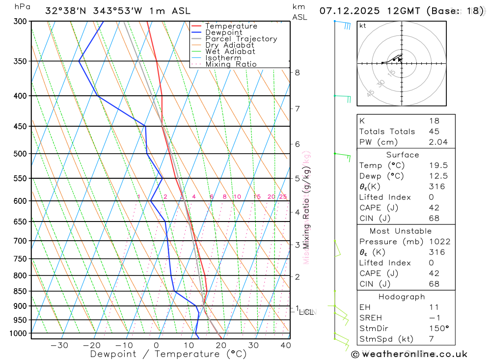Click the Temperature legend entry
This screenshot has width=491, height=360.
tap(231, 26)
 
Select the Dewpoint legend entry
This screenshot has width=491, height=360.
tap(223, 32)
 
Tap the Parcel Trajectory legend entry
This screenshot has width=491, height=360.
tap(241, 39)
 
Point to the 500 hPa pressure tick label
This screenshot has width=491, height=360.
tap(20, 154)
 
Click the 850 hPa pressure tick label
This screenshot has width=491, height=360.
tap(20, 291)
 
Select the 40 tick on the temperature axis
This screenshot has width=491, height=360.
tap(285, 345)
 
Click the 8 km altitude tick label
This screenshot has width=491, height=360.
tap(297, 73)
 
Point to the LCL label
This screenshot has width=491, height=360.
tap(306, 312)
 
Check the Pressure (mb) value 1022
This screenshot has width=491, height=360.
tap(439, 242)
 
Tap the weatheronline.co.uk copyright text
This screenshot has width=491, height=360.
tap(409, 354)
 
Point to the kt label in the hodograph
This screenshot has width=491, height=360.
tap(363, 26)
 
